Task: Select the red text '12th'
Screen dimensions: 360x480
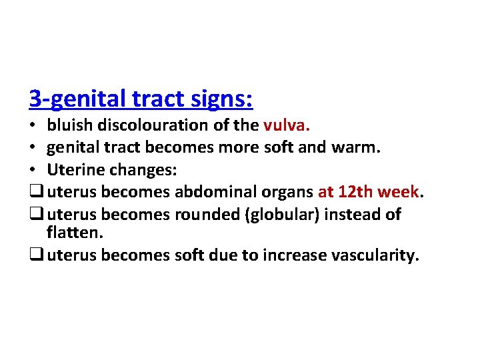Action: (356, 193)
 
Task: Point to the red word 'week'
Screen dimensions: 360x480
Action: (399, 193)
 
